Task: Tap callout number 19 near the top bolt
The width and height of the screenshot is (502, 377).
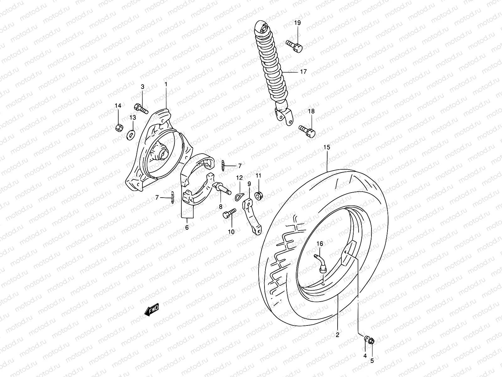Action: click(297, 23)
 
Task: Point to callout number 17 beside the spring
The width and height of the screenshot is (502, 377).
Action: click(303, 72)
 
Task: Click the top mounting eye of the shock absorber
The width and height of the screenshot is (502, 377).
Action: click(263, 29)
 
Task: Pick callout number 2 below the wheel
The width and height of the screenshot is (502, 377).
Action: click(337, 335)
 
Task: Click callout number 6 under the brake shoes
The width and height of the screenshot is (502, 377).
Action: click(187, 227)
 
